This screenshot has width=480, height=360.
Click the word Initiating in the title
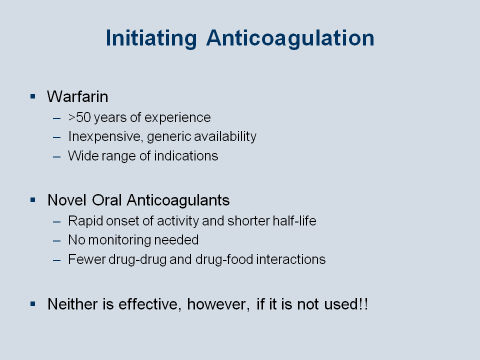tap(151, 38)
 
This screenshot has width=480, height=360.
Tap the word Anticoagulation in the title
tap(290, 38)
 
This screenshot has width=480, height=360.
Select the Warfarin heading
tap(77, 96)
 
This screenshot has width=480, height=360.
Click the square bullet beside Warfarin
tap(33, 96)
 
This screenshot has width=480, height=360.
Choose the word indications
tap(186, 156)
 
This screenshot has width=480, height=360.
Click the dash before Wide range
tap(56, 156)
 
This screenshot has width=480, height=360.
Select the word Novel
tap(66, 200)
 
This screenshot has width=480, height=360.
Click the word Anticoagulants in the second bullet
tap(178, 200)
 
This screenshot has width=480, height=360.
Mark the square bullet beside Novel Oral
tap(33, 200)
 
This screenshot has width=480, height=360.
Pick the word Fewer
tap(86, 259)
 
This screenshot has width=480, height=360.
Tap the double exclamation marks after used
tap(363, 304)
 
